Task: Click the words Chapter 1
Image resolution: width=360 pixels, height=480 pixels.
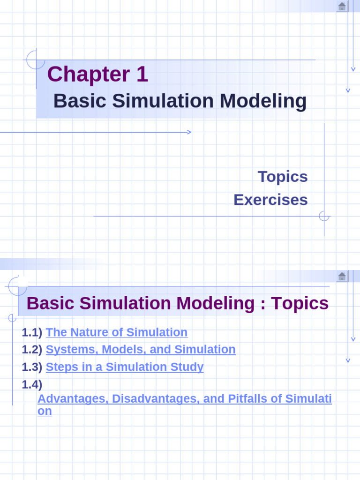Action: (97, 75)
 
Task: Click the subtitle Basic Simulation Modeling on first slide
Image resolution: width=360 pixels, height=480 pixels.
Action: (180, 101)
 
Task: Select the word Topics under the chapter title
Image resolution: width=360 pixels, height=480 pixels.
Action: (283, 177)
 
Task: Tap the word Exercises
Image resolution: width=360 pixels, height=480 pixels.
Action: (270, 200)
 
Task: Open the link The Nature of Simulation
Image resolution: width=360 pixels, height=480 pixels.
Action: (117, 332)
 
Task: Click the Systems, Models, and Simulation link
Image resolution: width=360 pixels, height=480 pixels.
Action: (141, 350)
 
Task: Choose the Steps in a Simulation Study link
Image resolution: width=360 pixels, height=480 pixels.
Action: (125, 367)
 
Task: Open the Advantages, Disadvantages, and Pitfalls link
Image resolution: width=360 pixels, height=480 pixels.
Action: (184, 399)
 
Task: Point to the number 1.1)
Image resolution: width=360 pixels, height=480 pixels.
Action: (32, 332)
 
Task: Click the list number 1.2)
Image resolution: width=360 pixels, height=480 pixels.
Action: (32, 350)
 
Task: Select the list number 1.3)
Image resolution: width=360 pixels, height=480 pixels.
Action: (32, 367)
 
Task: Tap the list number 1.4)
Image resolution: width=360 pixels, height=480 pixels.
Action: (32, 384)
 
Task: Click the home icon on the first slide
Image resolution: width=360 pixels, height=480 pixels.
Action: (342, 6)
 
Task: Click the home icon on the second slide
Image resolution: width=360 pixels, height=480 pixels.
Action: (342, 276)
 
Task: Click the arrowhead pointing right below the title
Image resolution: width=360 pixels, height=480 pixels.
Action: (189, 132)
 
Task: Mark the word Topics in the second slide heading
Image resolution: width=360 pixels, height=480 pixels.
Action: (300, 304)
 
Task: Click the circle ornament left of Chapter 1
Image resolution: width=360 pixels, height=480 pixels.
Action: (36, 60)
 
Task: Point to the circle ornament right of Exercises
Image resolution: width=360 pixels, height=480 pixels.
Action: (324, 216)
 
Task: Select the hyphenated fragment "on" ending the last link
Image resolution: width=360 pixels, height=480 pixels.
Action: (45, 411)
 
